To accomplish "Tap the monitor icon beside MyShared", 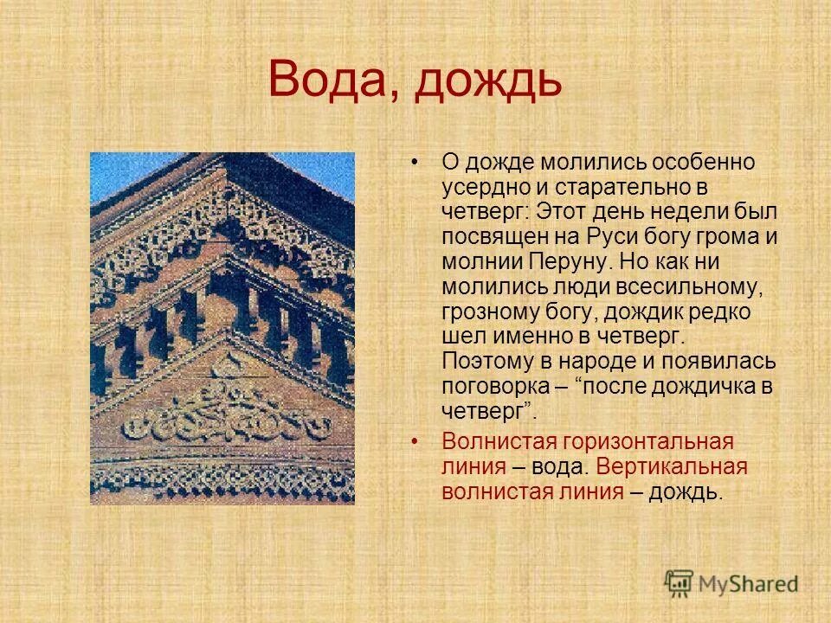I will coord(680,581).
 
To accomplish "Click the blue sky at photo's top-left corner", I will coord(108,169).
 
